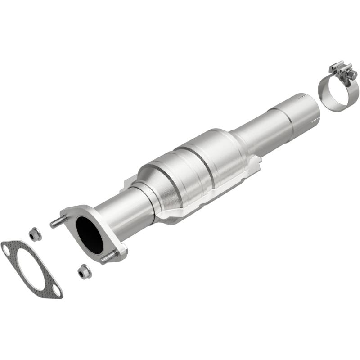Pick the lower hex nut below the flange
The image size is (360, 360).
tap(83, 272)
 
